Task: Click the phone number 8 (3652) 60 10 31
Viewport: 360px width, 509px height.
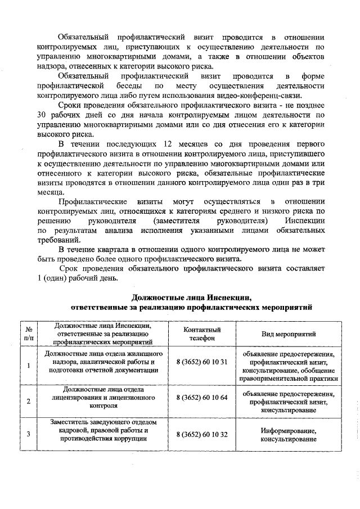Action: click(x=201, y=362)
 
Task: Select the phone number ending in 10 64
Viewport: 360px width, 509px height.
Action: click(x=201, y=398)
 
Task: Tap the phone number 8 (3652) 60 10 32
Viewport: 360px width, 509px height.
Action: click(x=201, y=434)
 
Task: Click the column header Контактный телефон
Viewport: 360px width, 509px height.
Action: click(x=201, y=334)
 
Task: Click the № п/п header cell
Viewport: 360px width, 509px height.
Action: click(x=28, y=334)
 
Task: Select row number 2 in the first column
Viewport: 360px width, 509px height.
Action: click(x=28, y=401)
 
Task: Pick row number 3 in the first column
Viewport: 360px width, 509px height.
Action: click(x=28, y=434)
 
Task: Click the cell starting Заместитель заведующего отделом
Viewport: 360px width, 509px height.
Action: click(x=103, y=430)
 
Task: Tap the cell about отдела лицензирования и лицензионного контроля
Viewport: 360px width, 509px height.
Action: click(x=103, y=397)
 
